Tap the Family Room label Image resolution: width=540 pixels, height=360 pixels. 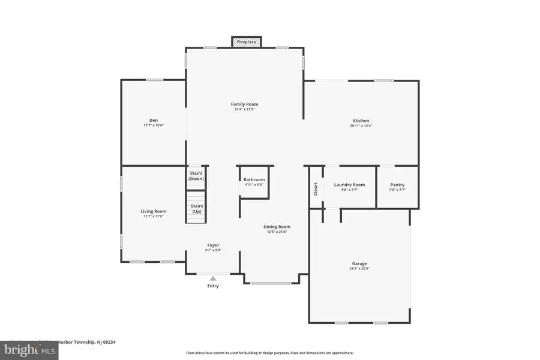pos(244,104)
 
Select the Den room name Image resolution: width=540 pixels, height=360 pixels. pos(154,121)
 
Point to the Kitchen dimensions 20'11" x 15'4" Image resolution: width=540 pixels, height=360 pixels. pos(361,126)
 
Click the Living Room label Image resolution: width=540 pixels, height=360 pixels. pos(154,211)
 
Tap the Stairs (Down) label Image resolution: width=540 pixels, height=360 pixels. pos(196,176)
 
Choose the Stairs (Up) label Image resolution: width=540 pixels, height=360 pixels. pos(196,209)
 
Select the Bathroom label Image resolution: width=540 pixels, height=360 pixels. pos(254,179)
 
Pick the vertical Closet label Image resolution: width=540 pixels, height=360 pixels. pos(316,189)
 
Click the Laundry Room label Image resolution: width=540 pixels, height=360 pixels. pos(349,185)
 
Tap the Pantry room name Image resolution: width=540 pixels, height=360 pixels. pos(397,185)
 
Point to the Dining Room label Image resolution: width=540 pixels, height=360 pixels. pos(277,226)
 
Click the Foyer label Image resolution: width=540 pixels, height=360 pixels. pos(213,245)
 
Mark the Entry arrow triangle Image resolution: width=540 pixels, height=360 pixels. pos(213,278)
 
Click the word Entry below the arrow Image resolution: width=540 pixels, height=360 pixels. pos(213,286)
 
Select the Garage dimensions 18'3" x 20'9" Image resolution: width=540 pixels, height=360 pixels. pos(359,269)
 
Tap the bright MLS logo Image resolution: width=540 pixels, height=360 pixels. pos(30,349)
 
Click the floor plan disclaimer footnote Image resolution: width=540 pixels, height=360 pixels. pos(269,353)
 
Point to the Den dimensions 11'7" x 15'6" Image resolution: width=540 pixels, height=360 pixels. pos(154,126)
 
